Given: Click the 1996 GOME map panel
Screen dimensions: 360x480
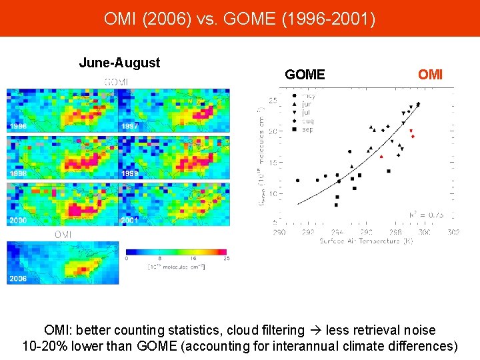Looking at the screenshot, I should point(62,110).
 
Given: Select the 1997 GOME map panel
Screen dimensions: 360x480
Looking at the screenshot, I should point(173,110).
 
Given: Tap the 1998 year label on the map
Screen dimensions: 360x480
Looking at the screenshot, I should point(18,173).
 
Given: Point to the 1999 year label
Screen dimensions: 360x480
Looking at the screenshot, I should point(129,173).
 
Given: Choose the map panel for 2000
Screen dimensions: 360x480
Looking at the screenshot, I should point(62,203).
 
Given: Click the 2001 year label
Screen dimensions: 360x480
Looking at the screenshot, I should point(129,220).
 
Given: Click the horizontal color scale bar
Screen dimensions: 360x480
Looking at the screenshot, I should point(176,252).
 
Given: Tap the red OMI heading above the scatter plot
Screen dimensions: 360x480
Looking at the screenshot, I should point(430,75).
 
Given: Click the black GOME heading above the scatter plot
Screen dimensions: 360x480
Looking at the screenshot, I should point(305,75).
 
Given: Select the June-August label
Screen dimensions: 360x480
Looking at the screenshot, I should point(119,63).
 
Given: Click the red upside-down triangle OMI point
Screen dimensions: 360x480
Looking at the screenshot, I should point(411,131).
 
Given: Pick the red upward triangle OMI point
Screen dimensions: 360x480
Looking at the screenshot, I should point(381,156).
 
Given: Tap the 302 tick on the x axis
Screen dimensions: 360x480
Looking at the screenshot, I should point(453,232).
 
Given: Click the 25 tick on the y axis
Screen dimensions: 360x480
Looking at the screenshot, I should point(273,101).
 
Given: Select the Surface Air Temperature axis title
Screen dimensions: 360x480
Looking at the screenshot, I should point(365,241).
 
